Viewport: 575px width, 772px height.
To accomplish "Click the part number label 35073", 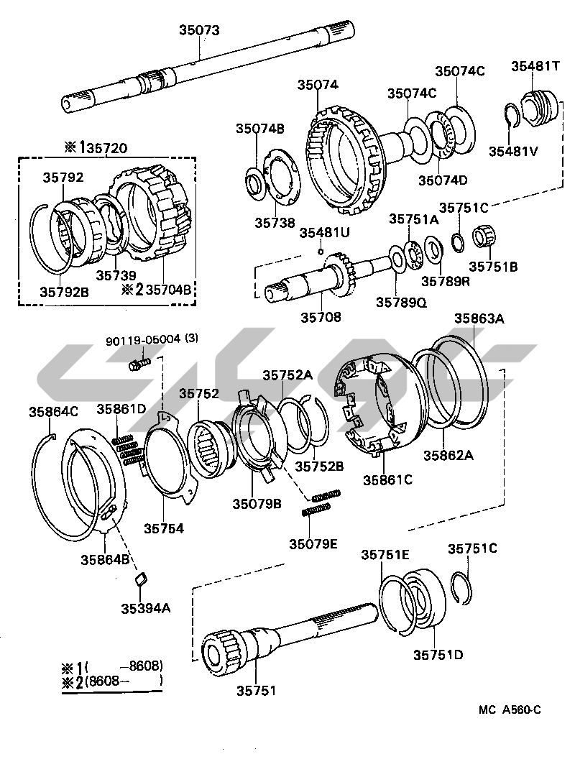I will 199,30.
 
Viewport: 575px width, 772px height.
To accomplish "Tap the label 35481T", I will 535,66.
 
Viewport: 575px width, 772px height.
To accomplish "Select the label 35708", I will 321,317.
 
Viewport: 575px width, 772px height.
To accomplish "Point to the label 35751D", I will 438,654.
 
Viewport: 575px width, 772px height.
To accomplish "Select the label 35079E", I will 313,543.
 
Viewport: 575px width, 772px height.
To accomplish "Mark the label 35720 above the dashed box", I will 103,149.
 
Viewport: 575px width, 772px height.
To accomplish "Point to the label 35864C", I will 53,412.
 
